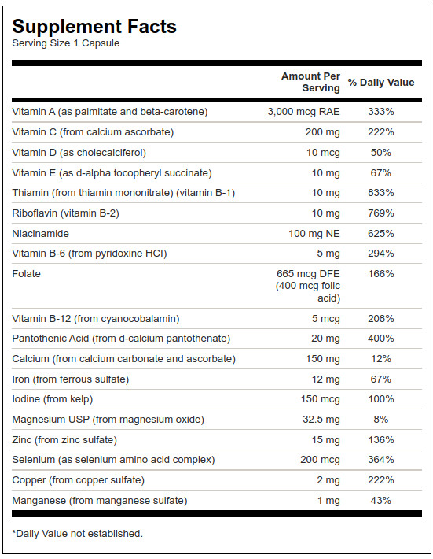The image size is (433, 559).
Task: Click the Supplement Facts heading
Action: (x=94, y=27)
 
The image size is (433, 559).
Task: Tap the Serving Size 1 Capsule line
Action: (x=66, y=43)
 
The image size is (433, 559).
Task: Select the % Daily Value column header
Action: (x=381, y=83)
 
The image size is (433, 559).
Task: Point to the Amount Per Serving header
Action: (x=310, y=82)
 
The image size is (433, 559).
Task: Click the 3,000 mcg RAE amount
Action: (x=304, y=112)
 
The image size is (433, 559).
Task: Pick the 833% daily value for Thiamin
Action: (x=381, y=193)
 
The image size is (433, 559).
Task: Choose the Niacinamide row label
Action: (x=41, y=234)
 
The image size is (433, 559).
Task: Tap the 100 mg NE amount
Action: (x=314, y=234)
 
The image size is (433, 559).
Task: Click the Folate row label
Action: (x=27, y=274)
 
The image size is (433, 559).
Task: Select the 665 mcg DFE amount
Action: (x=308, y=274)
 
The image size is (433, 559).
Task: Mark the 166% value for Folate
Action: (x=381, y=274)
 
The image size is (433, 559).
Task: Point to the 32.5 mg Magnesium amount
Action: (x=321, y=420)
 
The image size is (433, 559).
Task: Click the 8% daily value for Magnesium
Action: (x=381, y=419)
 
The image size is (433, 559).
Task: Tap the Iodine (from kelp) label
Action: (x=53, y=399)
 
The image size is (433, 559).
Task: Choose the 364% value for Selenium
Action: (x=381, y=460)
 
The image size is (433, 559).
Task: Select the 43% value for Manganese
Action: (x=381, y=501)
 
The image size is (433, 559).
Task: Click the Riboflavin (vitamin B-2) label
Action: (x=65, y=213)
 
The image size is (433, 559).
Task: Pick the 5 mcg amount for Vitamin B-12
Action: (x=326, y=319)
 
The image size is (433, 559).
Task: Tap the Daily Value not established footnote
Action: (x=78, y=534)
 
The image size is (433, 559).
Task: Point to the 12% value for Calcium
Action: (x=381, y=359)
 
